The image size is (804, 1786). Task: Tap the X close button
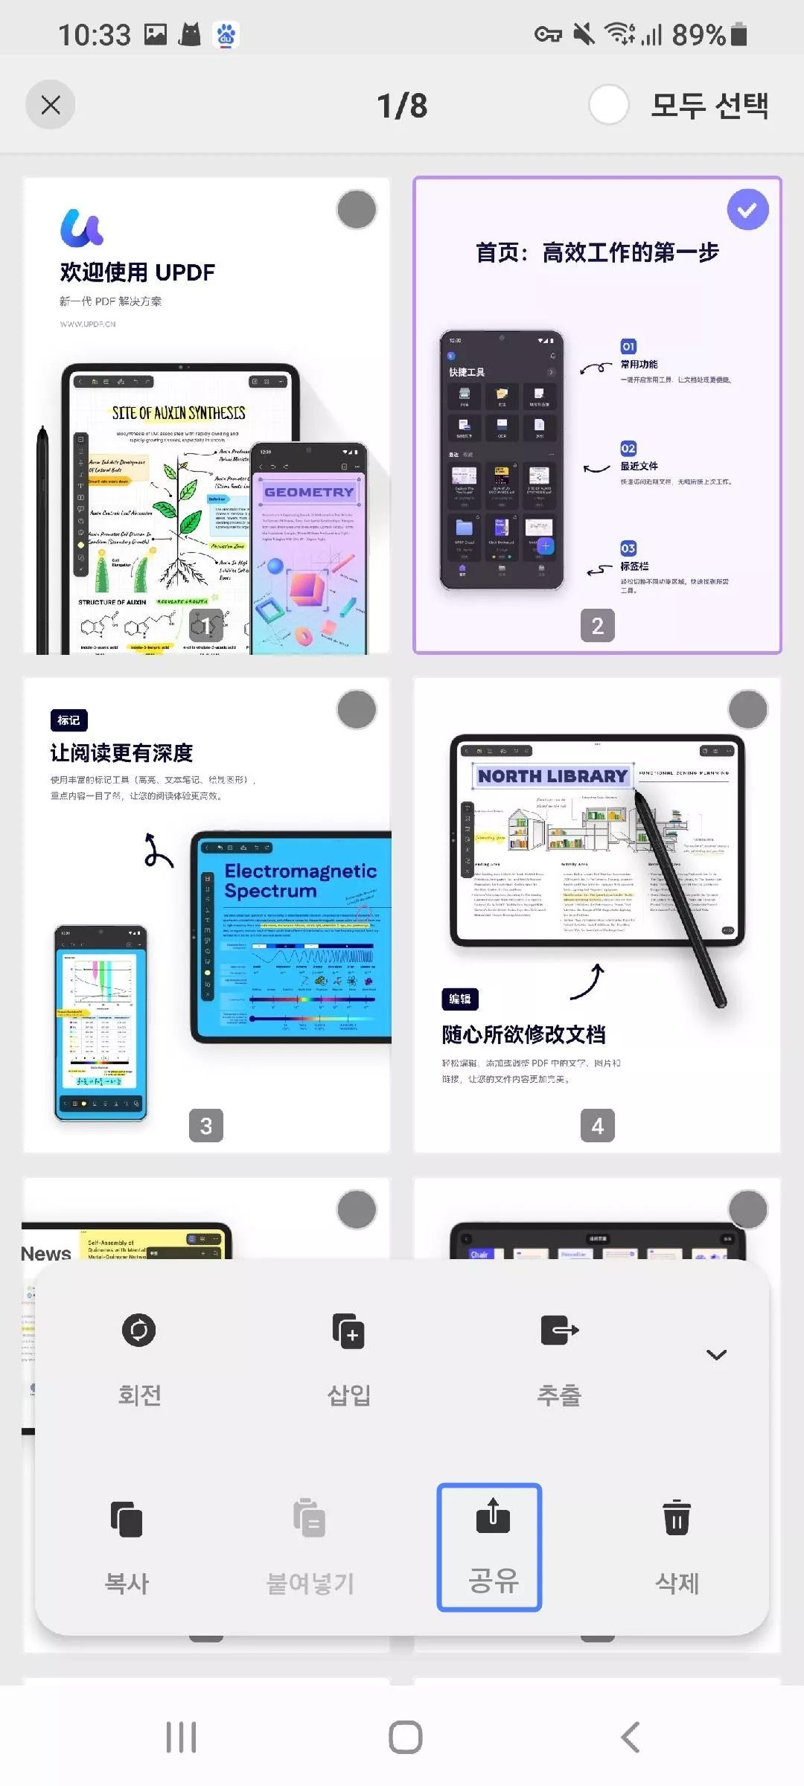pos(51,105)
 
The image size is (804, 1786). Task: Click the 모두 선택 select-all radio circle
pos(608,105)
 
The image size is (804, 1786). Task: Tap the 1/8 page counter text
pos(402,106)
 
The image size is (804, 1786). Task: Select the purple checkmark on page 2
pos(747,210)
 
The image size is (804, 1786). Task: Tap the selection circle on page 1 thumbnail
pos(357,210)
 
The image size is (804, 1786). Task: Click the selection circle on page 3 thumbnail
pos(357,710)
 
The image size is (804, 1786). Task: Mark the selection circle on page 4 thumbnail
pos(747,710)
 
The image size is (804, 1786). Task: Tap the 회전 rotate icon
pos(139,1331)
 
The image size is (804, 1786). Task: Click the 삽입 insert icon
pos(348,1331)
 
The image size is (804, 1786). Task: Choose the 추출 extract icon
pos(559,1331)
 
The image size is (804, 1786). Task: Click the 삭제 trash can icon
pos(677,1517)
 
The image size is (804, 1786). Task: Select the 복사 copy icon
pos(127,1519)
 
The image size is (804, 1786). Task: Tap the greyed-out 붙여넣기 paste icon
pos(309,1519)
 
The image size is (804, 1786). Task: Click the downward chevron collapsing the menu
pos(716,1355)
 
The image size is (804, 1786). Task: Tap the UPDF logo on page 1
pos(82,228)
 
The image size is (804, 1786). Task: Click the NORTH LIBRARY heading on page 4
pos(552,776)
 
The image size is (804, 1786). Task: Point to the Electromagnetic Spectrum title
pos(300,881)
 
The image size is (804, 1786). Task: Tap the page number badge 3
pos(206,1126)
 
